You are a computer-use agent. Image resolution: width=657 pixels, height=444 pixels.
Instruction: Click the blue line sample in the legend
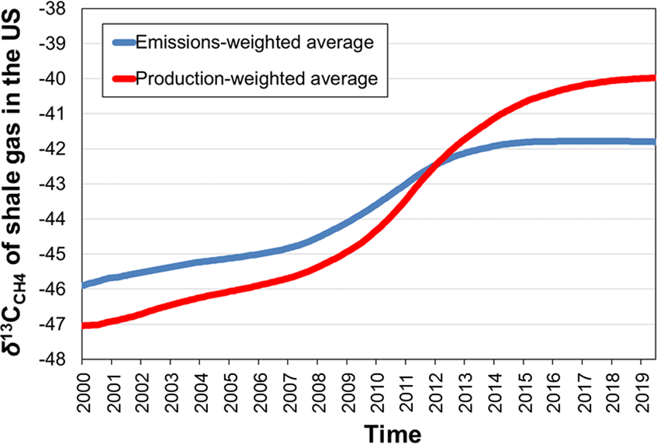[x=122, y=43]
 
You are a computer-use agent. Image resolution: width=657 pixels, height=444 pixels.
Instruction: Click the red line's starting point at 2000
[x=84, y=325]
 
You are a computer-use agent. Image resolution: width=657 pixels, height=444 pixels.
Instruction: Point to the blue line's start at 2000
[x=84, y=285]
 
